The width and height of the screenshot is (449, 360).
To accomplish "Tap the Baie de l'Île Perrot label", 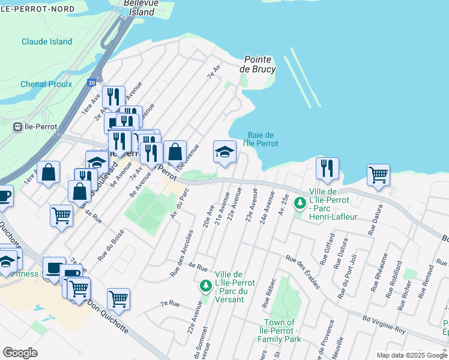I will coord(261,139).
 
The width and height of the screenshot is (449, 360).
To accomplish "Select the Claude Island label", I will coord(47,41).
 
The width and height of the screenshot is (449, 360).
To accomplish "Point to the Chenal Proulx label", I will coord(46,84).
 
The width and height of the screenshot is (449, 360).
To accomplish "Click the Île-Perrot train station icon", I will coord(18,126).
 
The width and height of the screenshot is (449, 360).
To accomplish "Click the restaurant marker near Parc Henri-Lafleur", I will coord(327,169).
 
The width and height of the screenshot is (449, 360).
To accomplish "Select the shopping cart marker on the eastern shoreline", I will coord(378,175).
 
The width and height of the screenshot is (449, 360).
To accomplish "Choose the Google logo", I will coord(20,353).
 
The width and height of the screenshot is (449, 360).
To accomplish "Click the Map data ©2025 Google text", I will coord(411,355).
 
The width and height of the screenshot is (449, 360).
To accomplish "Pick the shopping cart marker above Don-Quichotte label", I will coord(118,298).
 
